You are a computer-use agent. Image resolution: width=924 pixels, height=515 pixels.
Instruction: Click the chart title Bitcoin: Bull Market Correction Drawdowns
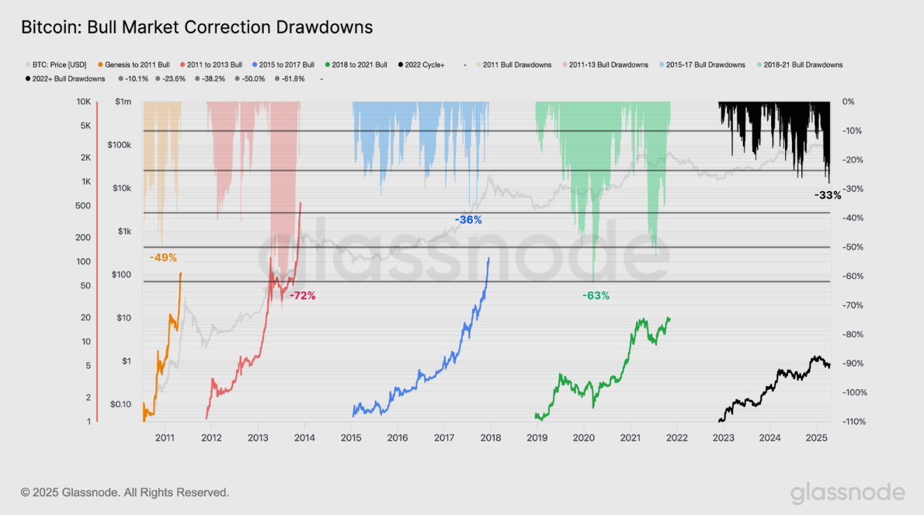(x=196, y=27)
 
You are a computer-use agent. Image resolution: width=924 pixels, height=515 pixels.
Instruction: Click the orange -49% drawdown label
(x=163, y=257)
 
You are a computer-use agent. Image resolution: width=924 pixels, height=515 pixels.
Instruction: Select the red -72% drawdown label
(x=302, y=296)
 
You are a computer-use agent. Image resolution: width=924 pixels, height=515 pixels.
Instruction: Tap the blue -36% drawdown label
(x=468, y=220)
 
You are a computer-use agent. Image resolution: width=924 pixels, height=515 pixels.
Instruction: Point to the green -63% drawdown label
(x=596, y=296)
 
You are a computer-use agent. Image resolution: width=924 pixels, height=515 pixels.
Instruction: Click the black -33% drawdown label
(x=827, y=196)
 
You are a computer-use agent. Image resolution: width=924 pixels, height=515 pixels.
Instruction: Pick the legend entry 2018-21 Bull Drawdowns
(x=803, y=64)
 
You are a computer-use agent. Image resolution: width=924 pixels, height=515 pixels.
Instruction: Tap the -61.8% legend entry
(x=291, y=78)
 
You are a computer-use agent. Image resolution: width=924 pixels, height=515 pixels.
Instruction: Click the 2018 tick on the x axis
(x=490, y=438)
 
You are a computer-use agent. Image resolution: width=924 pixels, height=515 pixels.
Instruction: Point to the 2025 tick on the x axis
(x=816, y=438)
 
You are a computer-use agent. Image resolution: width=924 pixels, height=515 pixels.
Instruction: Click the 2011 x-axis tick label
(x=165, y=438)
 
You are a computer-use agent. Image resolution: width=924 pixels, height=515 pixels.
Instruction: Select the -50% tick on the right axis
(x=850, y=247)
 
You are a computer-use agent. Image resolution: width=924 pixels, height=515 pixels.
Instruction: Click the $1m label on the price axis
(x=123, y=102)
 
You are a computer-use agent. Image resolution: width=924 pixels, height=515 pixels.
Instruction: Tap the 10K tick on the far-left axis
(x=85, y=102)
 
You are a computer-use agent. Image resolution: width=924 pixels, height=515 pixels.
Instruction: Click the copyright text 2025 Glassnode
(x=124, y=492)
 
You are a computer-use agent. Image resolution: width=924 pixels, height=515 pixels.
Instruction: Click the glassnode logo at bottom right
(x=847, y=492)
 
